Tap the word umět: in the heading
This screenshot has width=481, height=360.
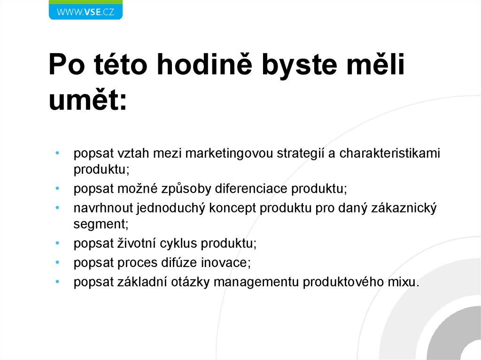point(88,100)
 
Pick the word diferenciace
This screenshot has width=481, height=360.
point(252,189)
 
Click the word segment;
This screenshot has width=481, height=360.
point(101,224)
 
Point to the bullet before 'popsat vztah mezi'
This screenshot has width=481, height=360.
point(57,153)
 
